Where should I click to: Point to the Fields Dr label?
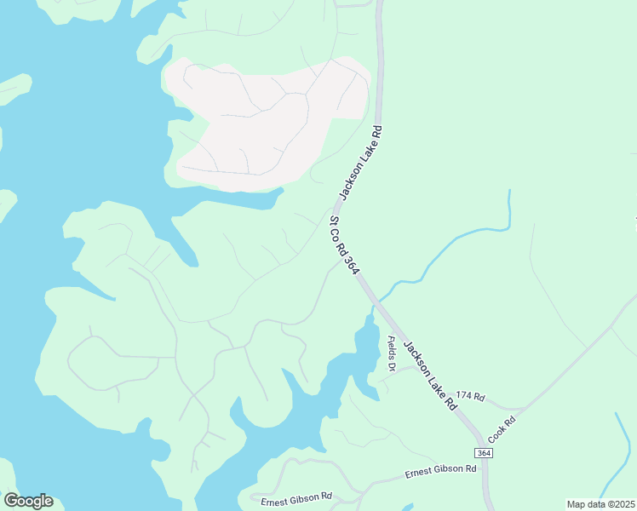(391, 353)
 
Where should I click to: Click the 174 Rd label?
(470, 397)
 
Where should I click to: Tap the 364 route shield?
(483, 452)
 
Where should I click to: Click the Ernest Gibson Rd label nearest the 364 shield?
(439, 469)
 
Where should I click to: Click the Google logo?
(28, 500)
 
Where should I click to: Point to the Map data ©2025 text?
(600, 504)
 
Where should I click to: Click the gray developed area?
(264, 119)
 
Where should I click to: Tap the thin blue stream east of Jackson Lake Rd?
(460, 238)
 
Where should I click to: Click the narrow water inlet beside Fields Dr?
(366, 349)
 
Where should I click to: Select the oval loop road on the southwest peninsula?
(111, 362)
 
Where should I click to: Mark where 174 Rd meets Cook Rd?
(521, 408)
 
